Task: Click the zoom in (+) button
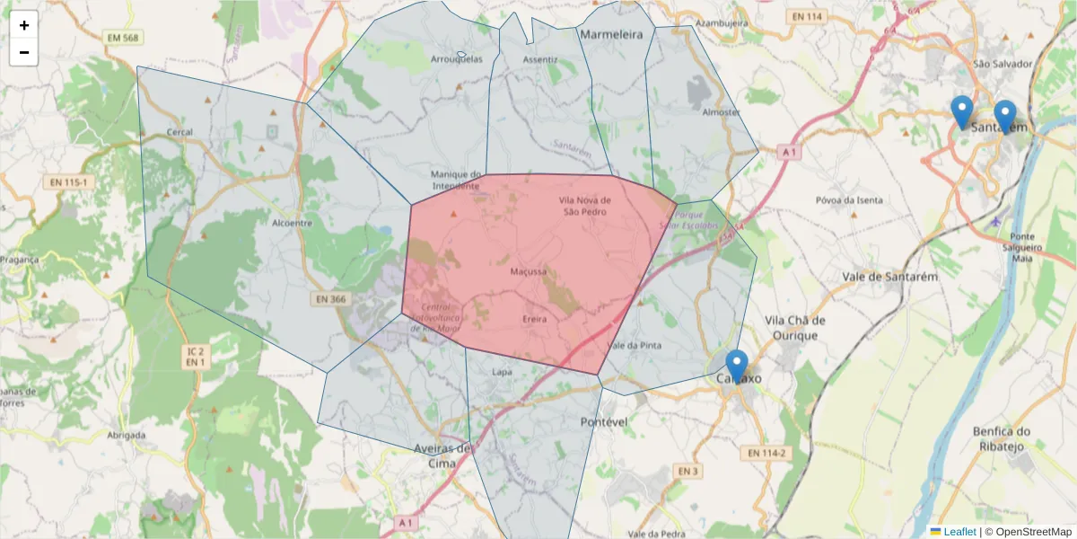click(24, 25)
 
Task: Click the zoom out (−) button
click(24, 52)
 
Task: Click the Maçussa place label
click(528, 270)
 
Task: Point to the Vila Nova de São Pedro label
click(584, 206)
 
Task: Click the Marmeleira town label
click(612, 34)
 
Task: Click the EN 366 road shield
click(330, 299)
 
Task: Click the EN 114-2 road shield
click(768, 453)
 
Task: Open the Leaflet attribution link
click(959, 532)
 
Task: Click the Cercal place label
click(179, 132)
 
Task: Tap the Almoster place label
click(721, 112)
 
